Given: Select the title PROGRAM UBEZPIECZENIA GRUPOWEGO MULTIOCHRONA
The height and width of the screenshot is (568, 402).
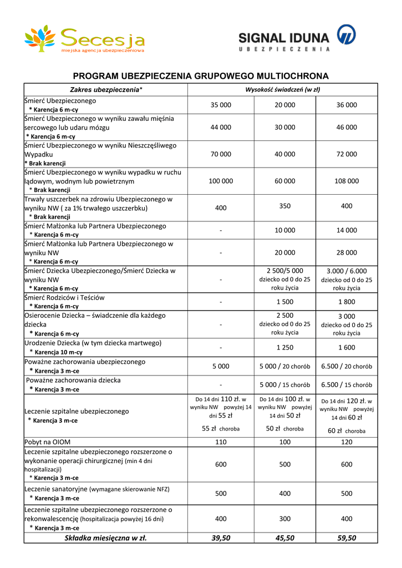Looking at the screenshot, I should coord(201,76).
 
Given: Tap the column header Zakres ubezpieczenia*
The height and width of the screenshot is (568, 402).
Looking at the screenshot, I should coord(106,89).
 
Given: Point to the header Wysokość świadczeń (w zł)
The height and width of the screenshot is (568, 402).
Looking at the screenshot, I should coord(283,89).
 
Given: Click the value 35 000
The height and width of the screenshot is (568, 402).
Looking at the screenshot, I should coord(221,105).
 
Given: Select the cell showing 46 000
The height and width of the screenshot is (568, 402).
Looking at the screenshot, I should coord(347,127).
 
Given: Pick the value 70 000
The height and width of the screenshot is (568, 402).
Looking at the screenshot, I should coord(221,154).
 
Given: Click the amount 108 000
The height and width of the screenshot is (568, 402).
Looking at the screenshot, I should coord(347,181).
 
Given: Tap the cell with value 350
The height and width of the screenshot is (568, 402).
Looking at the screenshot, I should coord(284,206).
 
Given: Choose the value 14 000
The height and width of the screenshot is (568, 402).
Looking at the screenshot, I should coord(347,230).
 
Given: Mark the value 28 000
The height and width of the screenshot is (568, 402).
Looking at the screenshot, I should coord(347,252).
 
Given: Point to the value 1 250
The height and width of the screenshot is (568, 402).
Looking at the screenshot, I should coord(284,348).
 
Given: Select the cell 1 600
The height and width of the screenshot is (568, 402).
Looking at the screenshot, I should coord(347,348).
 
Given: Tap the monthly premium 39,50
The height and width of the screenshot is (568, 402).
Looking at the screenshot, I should coord(221,538).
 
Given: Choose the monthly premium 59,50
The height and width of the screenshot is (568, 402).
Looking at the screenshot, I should coord(347,538).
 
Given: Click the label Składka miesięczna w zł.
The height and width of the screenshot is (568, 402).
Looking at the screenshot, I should coord(105,538).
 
